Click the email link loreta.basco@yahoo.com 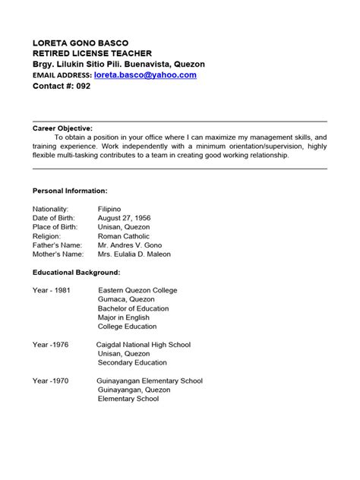(145, 75)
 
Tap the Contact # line (62, 87)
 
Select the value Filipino (115, 209)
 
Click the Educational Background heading (77, 272)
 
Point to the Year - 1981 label (52, 290)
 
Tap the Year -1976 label (50, 345)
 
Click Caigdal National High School (144, 345)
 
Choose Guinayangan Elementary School (150, 381)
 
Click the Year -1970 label (50, 381)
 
